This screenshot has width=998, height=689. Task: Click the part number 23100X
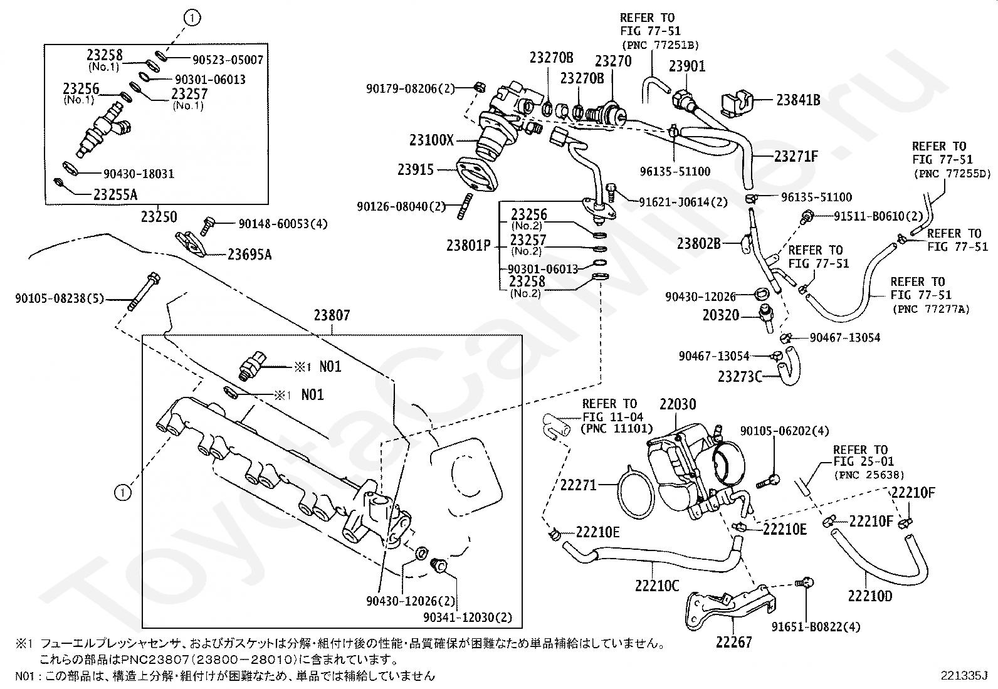coord(431,140)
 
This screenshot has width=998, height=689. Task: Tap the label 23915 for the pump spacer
coord(415,170)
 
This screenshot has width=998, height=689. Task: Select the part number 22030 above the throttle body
coord(678,404)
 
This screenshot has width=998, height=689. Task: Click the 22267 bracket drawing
coord(731,608)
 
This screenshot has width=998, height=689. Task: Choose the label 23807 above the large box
coord(332,315)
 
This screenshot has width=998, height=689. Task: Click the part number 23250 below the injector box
coord(159,217)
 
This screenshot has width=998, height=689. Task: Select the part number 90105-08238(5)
coord(60,298)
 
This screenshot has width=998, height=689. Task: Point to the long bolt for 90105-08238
coord(144,292)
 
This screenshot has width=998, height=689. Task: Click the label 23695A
coord(249,255)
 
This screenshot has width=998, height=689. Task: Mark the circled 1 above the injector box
coord(192,18)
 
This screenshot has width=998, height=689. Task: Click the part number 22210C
coord(657,586)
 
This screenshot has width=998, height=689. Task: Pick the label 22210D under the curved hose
coord(869,596)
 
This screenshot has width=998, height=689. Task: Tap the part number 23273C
coord(740,377)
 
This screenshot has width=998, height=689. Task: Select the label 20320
coord(721,315)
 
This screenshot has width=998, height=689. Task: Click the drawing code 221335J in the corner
coord(964,676)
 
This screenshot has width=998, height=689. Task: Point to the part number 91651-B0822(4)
coord(816,627)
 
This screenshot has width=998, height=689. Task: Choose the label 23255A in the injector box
coord(115,195)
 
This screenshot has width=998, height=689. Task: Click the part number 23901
coord(687,66)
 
